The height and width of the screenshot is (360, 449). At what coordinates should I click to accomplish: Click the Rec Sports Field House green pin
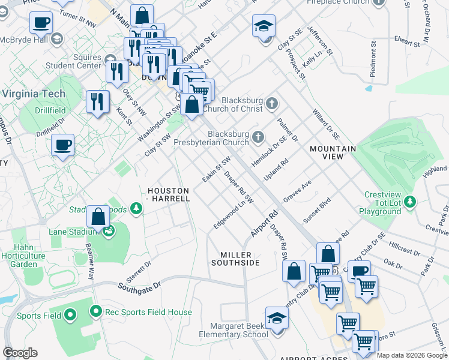point(95,311)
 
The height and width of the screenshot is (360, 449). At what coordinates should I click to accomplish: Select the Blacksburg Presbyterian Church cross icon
point(258,138)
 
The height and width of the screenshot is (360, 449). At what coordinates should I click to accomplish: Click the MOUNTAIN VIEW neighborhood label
point(333,152)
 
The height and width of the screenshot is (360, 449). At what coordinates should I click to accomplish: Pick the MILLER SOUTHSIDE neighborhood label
point(235,259)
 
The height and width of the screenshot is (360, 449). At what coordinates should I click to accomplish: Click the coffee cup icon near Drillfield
point(62,145)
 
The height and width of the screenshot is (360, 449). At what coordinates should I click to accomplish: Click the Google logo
point(20,353)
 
